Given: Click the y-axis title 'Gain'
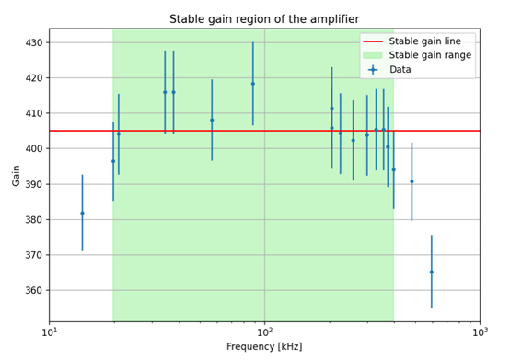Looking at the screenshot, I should [16, 176].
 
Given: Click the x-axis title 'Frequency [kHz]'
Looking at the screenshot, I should [264, 346].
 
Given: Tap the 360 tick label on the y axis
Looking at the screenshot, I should [33, 290].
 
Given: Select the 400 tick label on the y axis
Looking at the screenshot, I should [33, 149].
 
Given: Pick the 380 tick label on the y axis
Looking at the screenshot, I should [33, 220].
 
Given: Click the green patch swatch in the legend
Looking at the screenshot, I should [372, 55].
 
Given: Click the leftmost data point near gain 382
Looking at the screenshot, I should [82, 213].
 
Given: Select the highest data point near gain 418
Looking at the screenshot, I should [253, 84].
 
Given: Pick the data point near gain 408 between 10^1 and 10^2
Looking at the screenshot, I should [212, 120].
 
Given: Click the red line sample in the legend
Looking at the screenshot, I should [372, 41].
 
